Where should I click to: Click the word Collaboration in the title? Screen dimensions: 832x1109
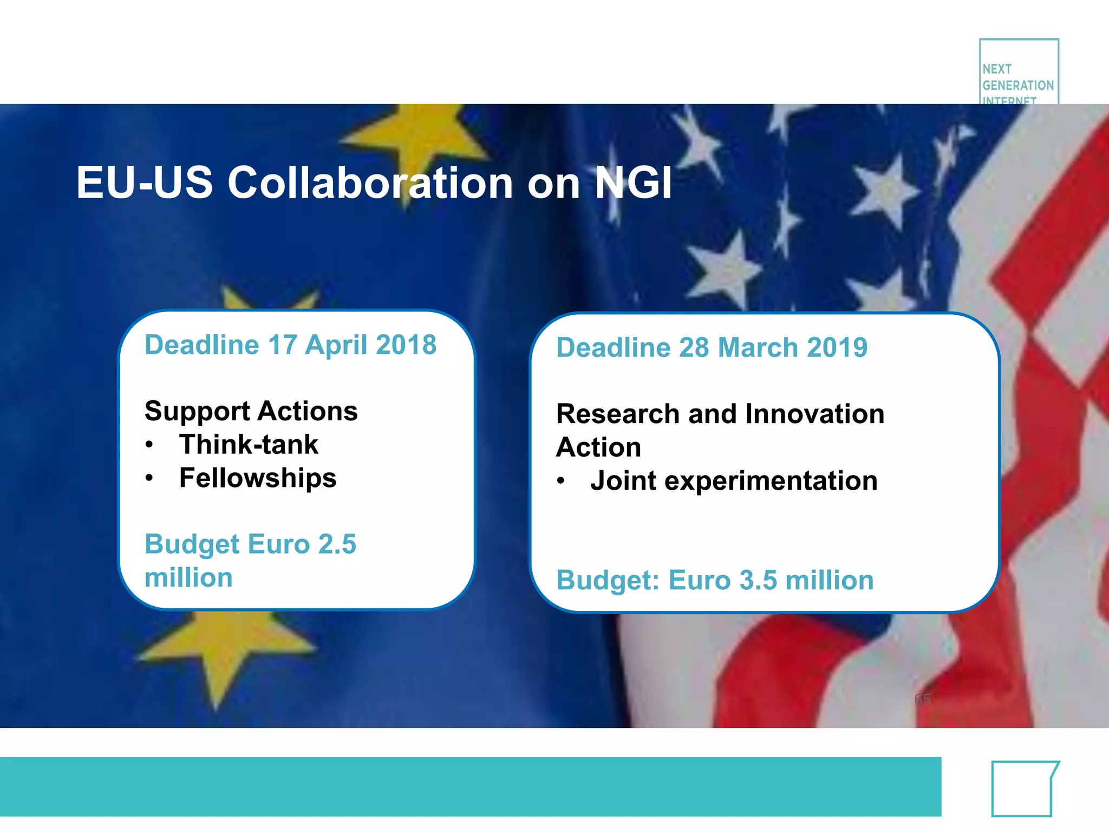pos(370,183)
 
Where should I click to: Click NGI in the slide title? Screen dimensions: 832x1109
pos(634,183)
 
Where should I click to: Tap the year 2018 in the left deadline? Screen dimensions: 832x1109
pos(406,345)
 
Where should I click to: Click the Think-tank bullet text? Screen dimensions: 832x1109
pos(249,445)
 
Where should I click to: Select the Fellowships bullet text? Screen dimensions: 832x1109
pos(258,478)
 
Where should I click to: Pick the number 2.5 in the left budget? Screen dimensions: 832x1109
pos(337,544)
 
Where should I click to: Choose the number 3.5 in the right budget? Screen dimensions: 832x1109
pos(758,581)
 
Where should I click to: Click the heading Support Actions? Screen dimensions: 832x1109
pos(251,412)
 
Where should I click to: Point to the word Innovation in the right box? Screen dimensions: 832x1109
pos(814,414)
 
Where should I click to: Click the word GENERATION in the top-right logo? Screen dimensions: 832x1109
pos(1018,86)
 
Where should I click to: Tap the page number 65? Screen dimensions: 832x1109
pos(923,699)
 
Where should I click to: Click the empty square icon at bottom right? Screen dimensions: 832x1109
pos(1022,789)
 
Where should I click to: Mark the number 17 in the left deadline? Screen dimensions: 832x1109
pos(282,345)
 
